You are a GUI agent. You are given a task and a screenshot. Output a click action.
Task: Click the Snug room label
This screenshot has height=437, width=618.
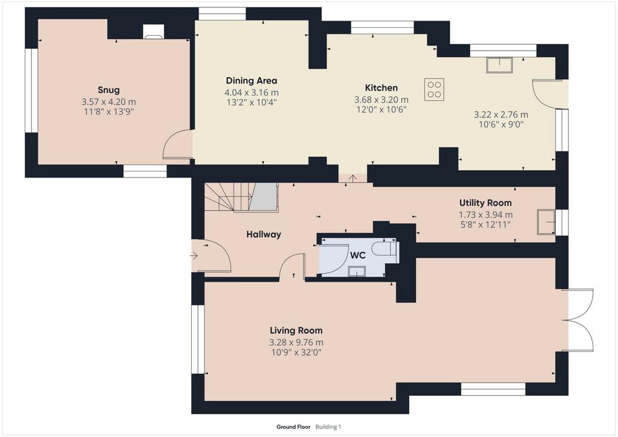point(109,90)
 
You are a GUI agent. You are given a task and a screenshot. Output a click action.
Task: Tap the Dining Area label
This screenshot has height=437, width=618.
point(252,81)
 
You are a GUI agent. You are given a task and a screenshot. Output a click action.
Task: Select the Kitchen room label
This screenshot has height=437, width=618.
point(381,88)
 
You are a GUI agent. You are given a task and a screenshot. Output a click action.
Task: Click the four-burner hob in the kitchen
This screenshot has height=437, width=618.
point(435,89)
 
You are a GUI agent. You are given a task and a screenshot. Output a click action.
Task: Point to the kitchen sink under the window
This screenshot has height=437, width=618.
point(499,65)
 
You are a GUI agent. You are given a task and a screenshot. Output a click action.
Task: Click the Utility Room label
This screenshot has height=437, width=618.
point(485,203)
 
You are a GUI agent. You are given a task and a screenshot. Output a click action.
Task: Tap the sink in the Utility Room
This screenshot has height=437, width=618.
point(546,222)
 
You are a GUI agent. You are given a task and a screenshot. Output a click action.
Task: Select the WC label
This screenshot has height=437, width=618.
point(357,255)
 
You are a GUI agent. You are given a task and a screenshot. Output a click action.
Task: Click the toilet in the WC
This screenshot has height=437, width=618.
point(384,249)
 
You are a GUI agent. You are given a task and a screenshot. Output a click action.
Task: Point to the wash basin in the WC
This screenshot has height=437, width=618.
point(357,272)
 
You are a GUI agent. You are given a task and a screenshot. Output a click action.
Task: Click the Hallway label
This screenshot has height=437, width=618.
point(264,234)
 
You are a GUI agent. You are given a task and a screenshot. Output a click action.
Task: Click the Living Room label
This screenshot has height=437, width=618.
point(296,331)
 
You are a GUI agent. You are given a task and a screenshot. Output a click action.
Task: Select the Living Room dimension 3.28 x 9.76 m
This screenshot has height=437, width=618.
point(296,342)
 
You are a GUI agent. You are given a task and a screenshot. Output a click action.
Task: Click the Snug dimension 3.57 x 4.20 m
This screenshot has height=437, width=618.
point(109,101)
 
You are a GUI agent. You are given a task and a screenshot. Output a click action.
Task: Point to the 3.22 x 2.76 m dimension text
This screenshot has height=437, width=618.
point(500,115)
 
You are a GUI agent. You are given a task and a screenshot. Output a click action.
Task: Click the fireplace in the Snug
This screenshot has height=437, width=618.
point(153,32)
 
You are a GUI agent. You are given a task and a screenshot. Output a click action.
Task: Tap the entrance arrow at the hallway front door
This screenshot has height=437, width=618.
point(194,256)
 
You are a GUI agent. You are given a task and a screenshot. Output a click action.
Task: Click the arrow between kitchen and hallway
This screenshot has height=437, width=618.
point(352,179)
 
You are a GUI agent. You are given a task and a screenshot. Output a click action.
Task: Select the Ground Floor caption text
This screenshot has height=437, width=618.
point(293,427)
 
